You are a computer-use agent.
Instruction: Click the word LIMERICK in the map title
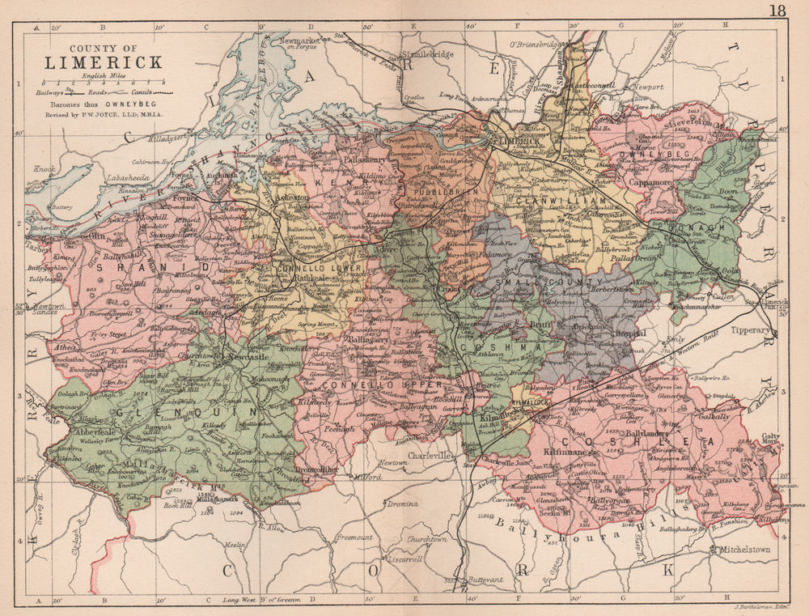pos(103,62)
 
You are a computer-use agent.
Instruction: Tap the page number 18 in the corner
pos(778,11)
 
